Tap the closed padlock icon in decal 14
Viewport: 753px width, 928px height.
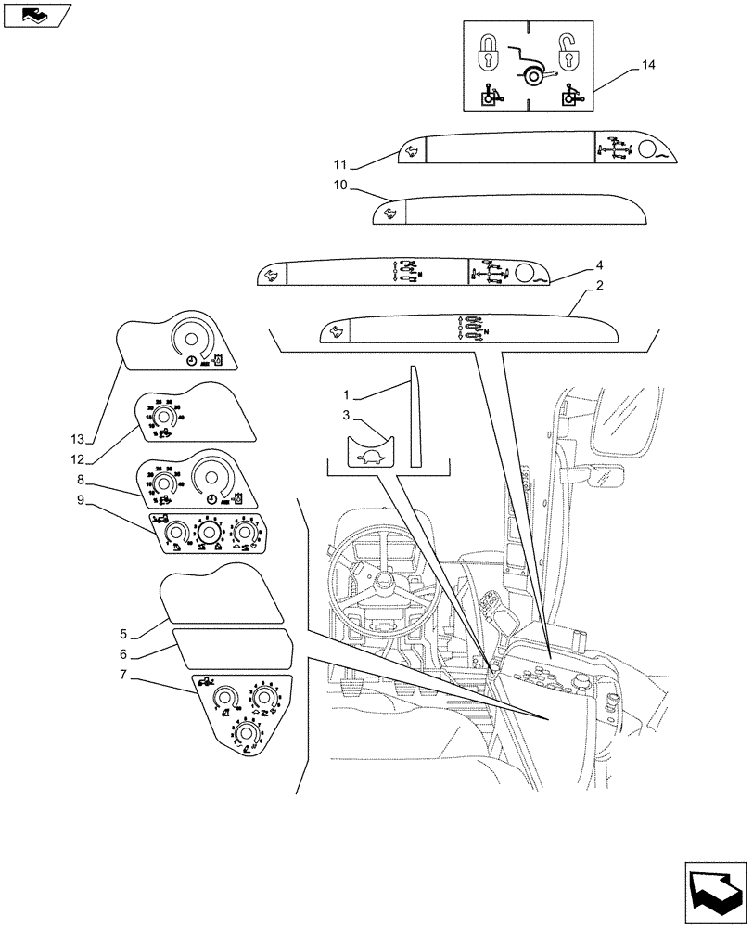pyautogui.click(x=489, y=55)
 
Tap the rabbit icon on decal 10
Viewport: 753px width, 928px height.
pyautogui.click(x=391, y=215)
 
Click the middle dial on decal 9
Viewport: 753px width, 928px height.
pyautogui.click(x=210, y=533)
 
